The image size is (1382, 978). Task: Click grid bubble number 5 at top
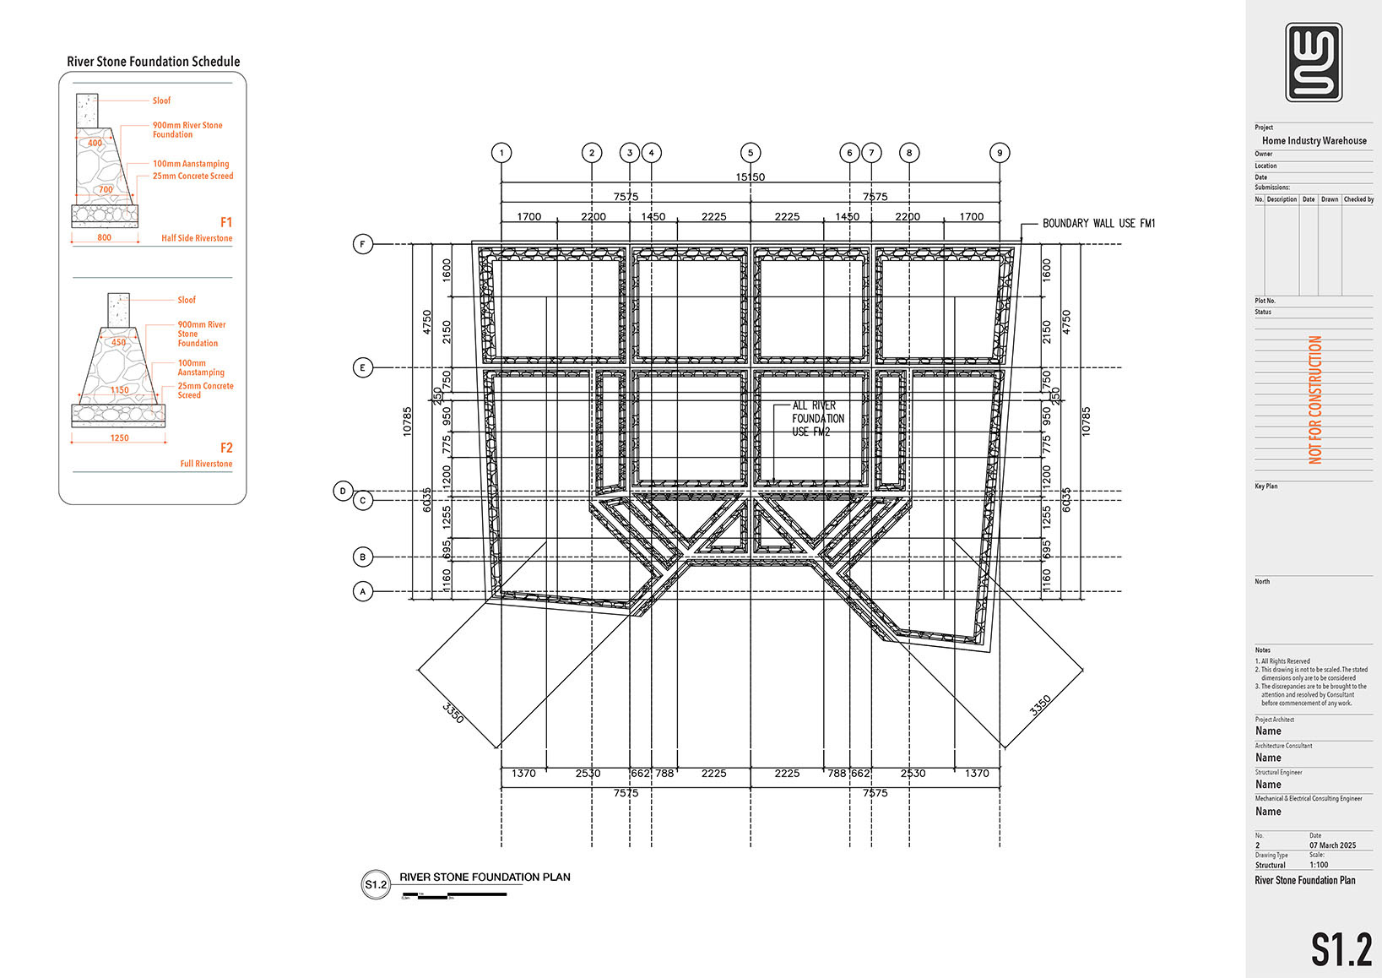(x=751, y=153)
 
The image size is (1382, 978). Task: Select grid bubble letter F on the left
(x=362, y=244)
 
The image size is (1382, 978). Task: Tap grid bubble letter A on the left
(x=363, y=591)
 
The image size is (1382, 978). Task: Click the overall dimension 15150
(x=750, y=177)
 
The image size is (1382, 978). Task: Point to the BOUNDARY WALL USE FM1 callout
(x=1098, y=223)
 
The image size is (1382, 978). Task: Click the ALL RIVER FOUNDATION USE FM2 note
(x=817, y=418)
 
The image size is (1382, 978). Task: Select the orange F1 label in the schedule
(x=226, y=222)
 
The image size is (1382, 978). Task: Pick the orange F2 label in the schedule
(x=226, y=448)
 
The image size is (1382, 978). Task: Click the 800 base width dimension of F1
(x=104, y=238)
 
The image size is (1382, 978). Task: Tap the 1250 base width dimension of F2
(x=119, y=438)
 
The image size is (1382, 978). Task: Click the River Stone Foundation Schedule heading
(x=153, y=62)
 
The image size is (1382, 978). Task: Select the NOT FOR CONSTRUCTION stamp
(x=1315, y=399)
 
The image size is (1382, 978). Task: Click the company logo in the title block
(x=1314, y=62)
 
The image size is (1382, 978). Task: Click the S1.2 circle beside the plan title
(x=375, y=884)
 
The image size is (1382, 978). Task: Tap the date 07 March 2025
(x=1332, y=845)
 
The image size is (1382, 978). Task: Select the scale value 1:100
(x=1319, y=865)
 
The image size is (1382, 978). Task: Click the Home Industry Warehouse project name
(x=1314, y=141)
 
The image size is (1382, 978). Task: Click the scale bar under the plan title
(x=453, y=894)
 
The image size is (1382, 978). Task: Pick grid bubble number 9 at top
(x=1000, y=153)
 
